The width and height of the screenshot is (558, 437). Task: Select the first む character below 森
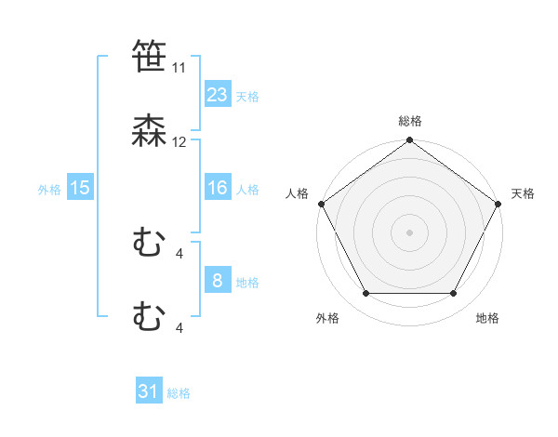coord(150,245)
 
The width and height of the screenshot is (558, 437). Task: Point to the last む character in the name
coord(150,318)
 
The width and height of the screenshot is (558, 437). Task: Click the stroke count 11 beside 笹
coord(179,68)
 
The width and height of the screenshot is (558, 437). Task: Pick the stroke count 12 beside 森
coord(179,142)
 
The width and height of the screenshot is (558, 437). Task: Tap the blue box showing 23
coord(217,94)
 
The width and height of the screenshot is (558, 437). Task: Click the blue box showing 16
coord(217,188)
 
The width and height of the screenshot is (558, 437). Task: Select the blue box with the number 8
coord(217,281)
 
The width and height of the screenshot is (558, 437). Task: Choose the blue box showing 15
coord(80,188)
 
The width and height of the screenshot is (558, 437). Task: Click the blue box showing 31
coord(149,392)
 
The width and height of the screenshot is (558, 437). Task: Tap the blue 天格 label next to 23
coord(247,96)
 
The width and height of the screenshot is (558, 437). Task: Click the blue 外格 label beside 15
coord(49,189)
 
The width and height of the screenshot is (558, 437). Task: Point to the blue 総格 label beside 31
coord(179,393)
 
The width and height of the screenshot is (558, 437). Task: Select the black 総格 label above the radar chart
coord(409,121)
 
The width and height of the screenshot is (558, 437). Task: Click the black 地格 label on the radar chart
coord(487,319)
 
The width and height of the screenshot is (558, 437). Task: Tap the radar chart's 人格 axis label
coord(297,193)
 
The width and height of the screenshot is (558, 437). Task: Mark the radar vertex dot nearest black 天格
coord(499,204)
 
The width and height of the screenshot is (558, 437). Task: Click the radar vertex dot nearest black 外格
coord(365,294)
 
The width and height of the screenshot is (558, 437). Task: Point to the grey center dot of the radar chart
coord(409,232)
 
